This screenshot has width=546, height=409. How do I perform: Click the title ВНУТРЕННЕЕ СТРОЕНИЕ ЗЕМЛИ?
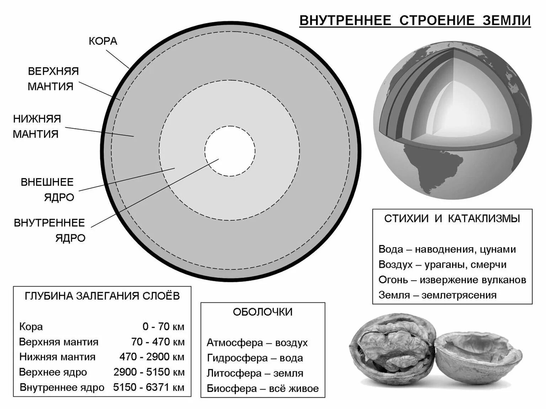tap(415, 21)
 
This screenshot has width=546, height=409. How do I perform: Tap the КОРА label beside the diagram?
tap(103, 41)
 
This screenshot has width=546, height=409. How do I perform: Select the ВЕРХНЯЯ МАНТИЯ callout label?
tap(53, 78)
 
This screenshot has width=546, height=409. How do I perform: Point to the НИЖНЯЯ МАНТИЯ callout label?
tap(37, 126)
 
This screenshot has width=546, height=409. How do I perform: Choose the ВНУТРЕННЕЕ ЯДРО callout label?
tap(50, 230)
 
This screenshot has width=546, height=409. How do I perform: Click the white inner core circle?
tap(230, 151)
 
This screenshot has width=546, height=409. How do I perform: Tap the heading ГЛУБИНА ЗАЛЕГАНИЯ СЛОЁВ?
tap(102, 296)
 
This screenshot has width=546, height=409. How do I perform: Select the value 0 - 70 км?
tap(163, 327)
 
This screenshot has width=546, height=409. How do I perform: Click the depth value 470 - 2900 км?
tap(152, 357)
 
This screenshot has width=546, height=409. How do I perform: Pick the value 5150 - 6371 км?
tap(149, 387)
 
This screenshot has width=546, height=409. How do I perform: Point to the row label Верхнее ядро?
tap(53, 372)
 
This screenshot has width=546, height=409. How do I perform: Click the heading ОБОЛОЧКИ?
tap(263, 312)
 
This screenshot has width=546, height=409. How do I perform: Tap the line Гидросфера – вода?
tap(255, 358)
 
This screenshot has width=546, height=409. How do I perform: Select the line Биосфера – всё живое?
tap(262, 388)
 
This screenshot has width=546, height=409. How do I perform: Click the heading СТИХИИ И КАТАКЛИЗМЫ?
tap(452, 218)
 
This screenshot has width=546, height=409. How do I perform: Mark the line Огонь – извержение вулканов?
tap(452, 280)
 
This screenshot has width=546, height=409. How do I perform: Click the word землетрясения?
tap(459, 295)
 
